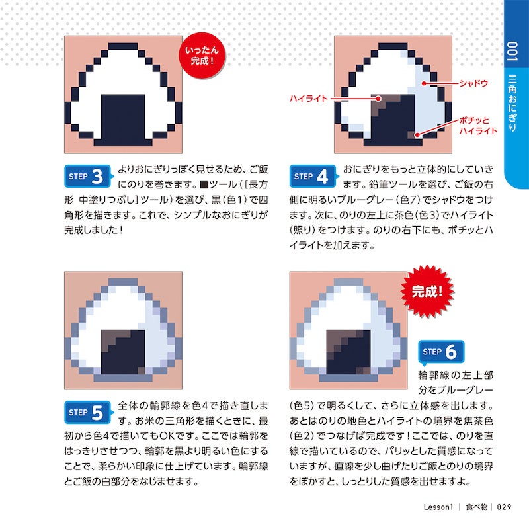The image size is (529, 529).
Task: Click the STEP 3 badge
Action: click(88, 176)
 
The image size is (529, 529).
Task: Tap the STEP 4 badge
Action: click(313, 176)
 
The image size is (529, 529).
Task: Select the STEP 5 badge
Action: click(88, 412)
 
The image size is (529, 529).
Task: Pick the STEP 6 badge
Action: click(441, 352)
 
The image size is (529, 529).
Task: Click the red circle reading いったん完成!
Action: click(202, 56)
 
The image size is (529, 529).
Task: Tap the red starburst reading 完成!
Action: click(427, 292)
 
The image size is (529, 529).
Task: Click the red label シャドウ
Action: click(473, 83)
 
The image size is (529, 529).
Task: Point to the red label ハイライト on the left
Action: click(309, 99)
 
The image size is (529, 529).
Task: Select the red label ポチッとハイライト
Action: click(478, 126)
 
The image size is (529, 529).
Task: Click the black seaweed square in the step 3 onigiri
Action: click(123, 120)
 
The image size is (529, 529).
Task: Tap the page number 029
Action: click(504, 507)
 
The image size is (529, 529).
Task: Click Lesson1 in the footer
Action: click(438, 507)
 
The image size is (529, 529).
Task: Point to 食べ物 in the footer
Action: click(476, 507)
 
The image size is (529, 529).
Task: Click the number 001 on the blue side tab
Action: click(512, 52)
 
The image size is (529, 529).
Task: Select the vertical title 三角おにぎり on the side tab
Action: click(512, 103)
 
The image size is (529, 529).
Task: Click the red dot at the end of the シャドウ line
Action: click(423, 83)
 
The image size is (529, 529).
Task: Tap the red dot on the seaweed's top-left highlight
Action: click(378, 99)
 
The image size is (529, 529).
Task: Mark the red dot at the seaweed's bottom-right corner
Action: click(417, 135)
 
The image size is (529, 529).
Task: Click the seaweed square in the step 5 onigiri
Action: click(123, 352)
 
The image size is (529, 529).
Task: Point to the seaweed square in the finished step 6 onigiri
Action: click(348, 352)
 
